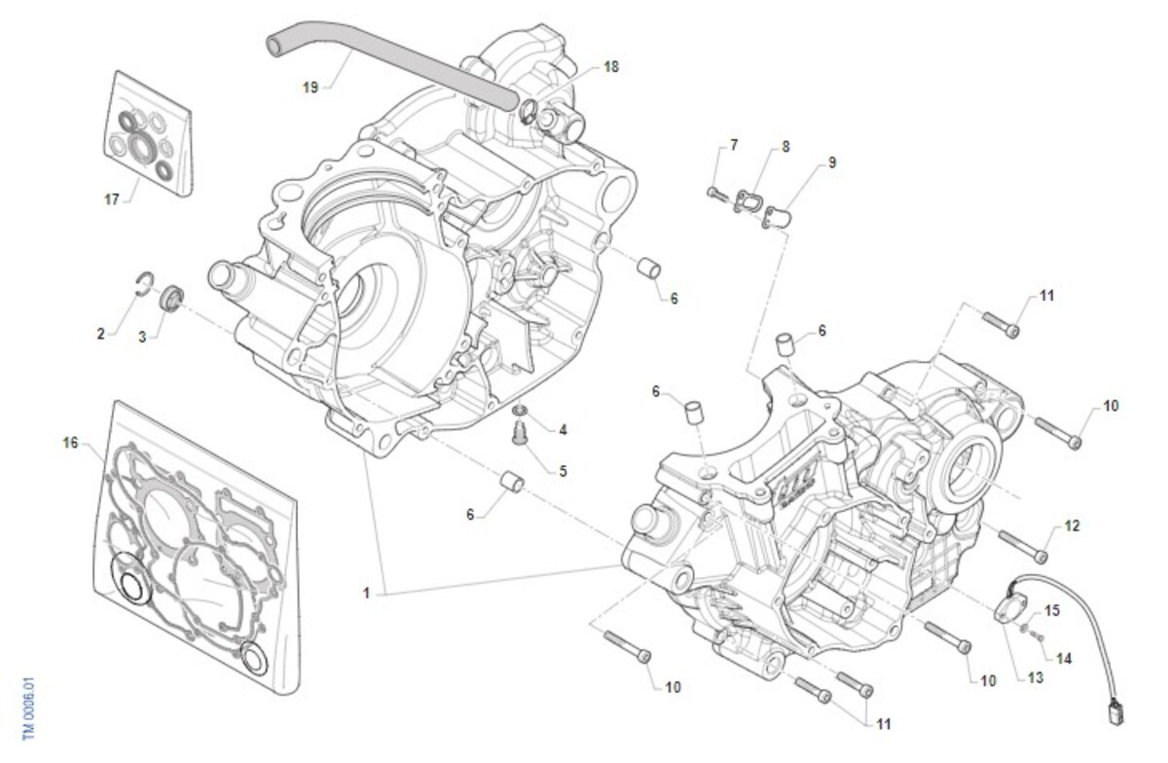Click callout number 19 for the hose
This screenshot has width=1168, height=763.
tap(310, 87)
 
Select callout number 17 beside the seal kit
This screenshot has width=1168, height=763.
tap(112, 200)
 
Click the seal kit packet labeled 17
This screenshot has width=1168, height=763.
tap(148, 130)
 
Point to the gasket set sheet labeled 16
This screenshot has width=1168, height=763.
tap(195, 545)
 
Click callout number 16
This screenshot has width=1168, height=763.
tap(70, 444)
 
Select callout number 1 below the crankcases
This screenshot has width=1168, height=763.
tap(367, 591)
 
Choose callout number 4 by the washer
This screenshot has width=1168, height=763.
tap(563, 429)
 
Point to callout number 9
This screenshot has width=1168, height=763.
tap(832, 163)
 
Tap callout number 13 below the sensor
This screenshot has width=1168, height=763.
tap(1035, 676)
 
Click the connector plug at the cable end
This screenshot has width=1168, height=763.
tap(1115, 711)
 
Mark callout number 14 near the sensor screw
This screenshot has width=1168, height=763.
tap(1064, 659)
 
